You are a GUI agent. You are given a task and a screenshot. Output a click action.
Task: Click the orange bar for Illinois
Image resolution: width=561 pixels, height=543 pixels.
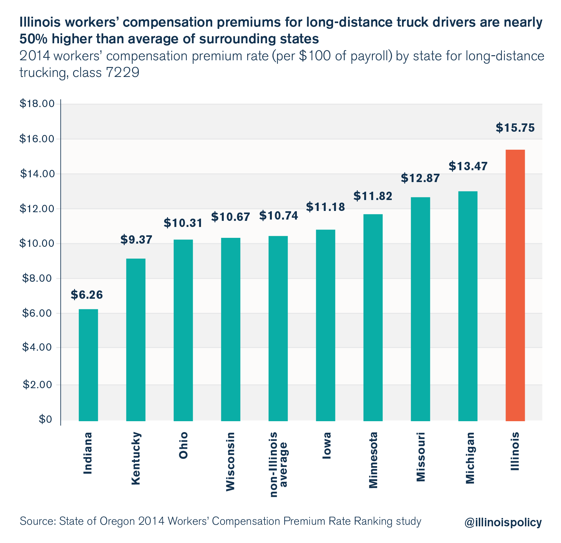pos(515,285)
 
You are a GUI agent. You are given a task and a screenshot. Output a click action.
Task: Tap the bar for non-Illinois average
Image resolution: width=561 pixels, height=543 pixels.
pos(278,328)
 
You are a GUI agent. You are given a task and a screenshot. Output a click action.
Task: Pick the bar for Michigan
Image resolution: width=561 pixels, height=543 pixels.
pos(468,306)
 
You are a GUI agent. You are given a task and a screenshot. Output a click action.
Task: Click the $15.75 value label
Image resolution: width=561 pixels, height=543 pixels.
pos(515,128)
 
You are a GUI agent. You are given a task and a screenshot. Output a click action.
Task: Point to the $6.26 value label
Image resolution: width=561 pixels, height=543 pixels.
pos(87,295)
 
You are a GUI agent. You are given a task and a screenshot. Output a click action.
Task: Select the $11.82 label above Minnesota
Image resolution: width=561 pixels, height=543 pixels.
pos(373,196)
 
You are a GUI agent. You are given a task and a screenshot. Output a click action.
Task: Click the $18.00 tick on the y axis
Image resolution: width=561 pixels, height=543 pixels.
pos(37,104)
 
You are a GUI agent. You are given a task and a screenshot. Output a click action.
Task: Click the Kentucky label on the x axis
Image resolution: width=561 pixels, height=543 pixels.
pos(136,458)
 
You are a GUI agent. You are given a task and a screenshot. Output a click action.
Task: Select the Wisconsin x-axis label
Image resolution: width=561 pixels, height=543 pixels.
pos(230,461)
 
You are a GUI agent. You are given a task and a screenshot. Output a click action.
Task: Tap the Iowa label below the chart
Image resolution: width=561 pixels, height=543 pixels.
pos(326,445)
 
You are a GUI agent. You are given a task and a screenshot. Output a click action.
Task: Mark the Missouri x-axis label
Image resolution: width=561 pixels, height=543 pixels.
pos(420,457)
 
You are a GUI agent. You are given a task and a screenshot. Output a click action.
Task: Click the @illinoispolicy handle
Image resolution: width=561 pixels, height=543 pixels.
pos(503,522)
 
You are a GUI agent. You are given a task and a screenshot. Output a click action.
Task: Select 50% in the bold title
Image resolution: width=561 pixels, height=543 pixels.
pos(34,39)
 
